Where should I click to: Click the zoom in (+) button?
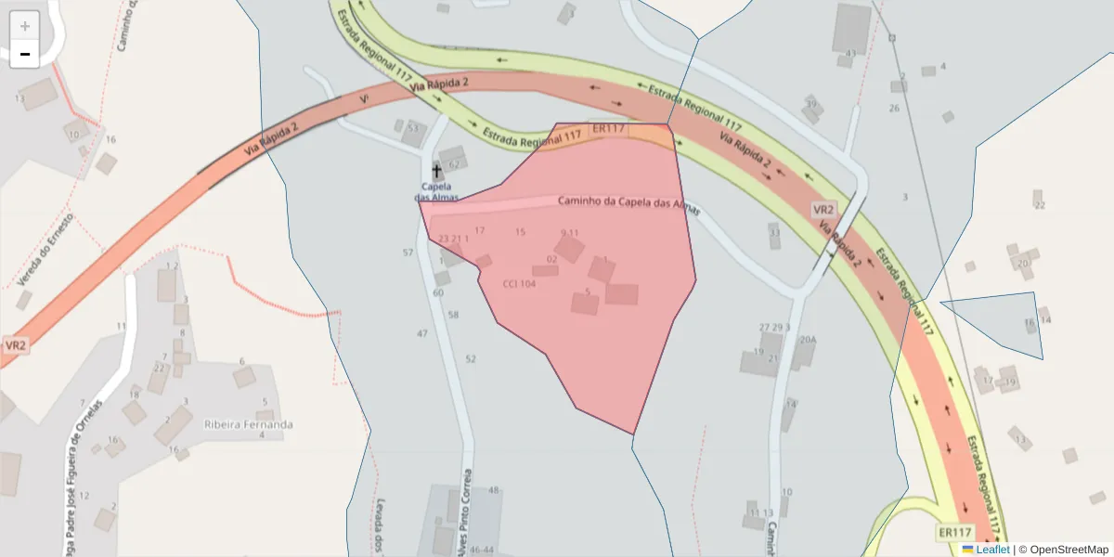[25, 25]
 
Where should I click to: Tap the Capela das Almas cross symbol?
[437, 171]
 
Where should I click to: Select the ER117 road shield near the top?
[607, 129]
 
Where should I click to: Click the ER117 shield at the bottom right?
[954, 532]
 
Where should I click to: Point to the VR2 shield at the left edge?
[16, 345]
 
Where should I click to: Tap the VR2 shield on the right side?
[823, 209]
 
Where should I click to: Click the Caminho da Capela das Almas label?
[622, 202]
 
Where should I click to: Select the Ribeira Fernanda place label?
[248, 424]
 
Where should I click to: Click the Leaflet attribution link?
[991, 550]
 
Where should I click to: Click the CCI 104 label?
[519, 284]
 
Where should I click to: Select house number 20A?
[808, 340]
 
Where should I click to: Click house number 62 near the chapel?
[454, 164]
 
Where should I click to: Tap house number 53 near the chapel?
[413, 129]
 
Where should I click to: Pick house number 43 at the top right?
[849, 54]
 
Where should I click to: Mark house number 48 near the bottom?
[493, 490]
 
